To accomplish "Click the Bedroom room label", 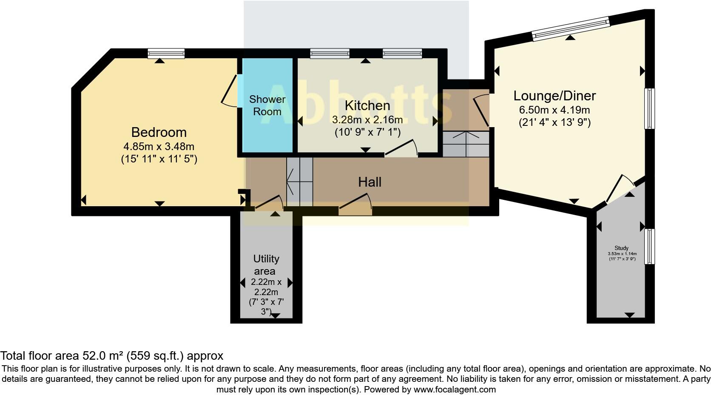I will point(159,132).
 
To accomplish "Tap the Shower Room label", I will point(267,105).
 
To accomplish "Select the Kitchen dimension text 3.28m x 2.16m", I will point(367,119).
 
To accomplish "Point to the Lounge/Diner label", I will point(555,96).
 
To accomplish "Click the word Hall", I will point(370,182).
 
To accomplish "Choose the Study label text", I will point(621,248).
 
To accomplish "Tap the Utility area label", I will point(266,264).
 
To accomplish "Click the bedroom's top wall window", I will point(166,53).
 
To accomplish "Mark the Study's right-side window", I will point(649,246).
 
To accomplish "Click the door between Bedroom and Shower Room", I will point(232,91).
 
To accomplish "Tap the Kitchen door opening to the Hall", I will point(401,149).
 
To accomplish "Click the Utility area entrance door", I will point(269,203).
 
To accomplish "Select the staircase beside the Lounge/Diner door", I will point(466,144).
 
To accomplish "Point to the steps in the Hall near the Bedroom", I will point(299,182).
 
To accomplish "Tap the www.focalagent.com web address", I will point(455,389).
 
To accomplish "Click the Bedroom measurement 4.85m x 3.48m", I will point(159,147).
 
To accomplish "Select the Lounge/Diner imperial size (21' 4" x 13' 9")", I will point(555,122).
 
